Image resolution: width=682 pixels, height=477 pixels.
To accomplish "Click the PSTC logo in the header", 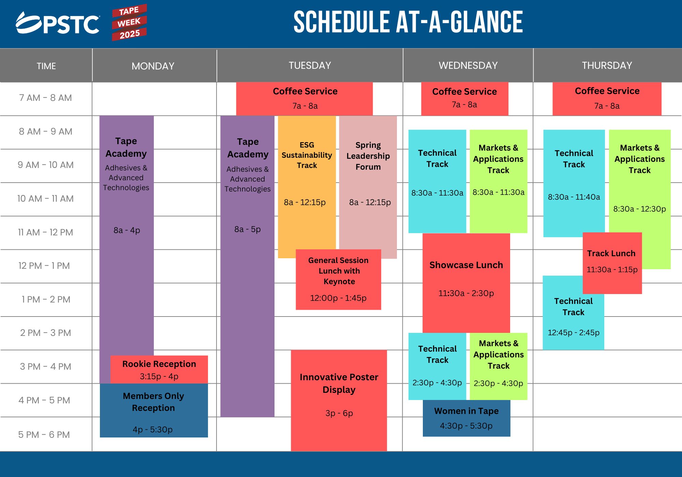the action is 58,23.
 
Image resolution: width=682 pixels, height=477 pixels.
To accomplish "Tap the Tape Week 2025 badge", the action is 129,22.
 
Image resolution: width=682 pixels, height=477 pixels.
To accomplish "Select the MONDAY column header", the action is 153,66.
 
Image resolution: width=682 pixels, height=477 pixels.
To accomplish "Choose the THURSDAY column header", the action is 607,65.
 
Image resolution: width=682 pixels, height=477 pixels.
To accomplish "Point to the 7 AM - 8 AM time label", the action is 45,98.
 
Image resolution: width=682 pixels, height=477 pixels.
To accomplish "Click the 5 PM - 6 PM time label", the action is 44,434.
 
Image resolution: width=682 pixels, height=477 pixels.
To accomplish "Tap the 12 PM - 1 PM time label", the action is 44,266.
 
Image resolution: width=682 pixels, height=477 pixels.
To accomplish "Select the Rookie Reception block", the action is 159,370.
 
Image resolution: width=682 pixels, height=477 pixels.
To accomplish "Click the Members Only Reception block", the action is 154,411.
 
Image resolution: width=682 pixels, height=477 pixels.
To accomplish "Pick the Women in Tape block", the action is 466,418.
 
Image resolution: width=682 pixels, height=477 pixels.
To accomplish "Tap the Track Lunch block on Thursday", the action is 612,263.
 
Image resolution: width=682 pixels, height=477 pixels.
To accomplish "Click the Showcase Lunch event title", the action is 466,265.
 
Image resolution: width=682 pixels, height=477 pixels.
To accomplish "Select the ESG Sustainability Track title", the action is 307,155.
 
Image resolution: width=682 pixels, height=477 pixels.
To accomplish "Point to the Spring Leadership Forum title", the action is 368,156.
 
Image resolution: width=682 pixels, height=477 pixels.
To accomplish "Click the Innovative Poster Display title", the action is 339,383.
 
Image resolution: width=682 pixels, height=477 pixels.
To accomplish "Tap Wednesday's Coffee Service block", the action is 465,99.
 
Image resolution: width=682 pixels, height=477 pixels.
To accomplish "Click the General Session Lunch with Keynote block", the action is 338,279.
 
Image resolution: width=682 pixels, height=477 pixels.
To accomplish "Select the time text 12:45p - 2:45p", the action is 574,333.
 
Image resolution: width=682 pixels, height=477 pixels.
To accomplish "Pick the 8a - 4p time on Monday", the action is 127,230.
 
